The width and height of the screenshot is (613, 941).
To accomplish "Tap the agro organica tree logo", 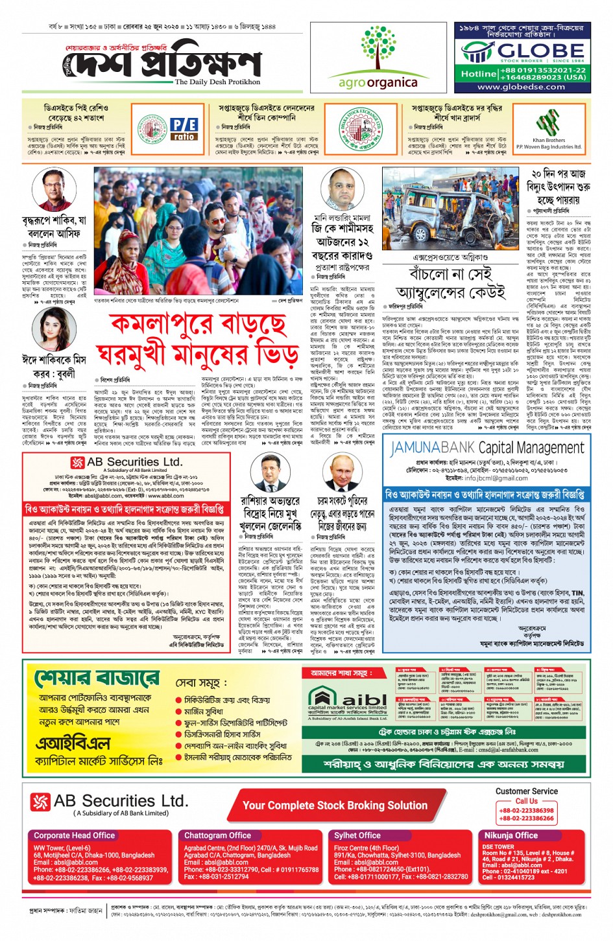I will (378, 49).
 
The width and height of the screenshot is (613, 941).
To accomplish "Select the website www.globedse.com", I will (522, 86).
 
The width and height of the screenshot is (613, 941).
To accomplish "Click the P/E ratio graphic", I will (184, 128).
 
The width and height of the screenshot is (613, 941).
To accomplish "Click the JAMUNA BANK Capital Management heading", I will (487, 447).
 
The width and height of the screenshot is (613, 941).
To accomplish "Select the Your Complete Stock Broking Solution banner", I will (335, 806).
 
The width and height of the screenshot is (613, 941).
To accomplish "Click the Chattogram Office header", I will (217, 835).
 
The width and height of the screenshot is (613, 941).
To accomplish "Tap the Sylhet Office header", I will (357, 835).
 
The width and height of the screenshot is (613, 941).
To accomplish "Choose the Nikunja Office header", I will (511, 835).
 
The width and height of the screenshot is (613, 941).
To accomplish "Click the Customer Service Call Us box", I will (526, 806).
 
